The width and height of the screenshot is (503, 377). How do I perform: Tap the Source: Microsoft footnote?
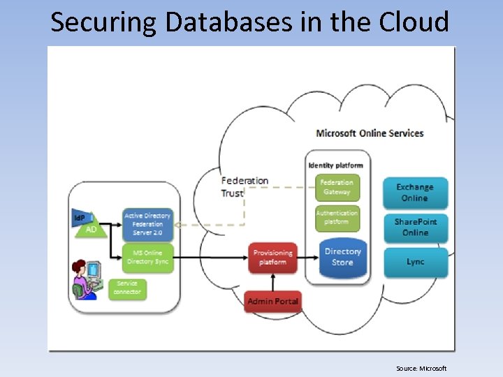[x=421, y=369]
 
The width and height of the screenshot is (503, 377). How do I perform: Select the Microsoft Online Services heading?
[x=370, y=133]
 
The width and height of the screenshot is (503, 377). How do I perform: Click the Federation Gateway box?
[x=337, y=187]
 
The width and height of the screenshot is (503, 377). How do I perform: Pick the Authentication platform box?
[x=337, y=217]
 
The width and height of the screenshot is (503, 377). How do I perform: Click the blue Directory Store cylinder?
[x=342, y=257]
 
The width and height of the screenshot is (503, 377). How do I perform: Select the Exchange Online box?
[x=415, y=193]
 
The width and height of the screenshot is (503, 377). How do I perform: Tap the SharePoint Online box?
[x=415, y=227]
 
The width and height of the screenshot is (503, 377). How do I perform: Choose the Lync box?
[x=415, y=262]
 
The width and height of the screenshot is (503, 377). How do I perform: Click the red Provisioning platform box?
[x=272, y=258]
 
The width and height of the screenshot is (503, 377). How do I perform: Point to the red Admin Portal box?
[x=272, y=302]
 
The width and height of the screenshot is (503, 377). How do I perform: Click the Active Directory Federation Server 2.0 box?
[x=147, y=224]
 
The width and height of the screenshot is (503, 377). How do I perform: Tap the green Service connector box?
[x=128, y=288]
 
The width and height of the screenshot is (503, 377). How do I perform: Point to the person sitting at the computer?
[x=88, y=279]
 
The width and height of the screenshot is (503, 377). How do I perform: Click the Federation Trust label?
[x=244, y=186]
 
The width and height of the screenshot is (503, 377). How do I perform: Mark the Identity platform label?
[x=337, y=165]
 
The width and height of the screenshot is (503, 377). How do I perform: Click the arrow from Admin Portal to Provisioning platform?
[x=272, y=281]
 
